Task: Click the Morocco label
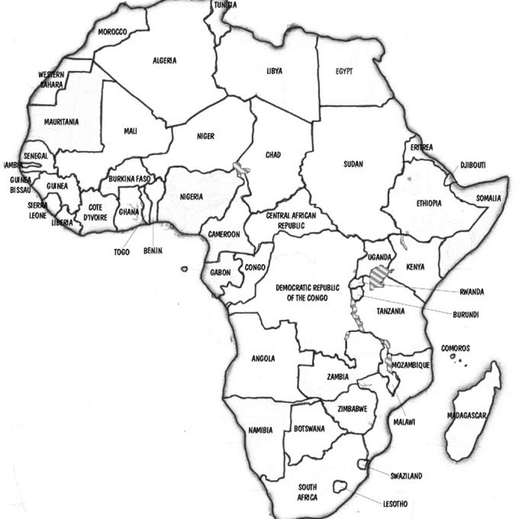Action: pos(112,32)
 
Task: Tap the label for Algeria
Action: pos(165,61)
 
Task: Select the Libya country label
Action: pos(274,71)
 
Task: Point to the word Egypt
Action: pos(344,71)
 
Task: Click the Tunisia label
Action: pos(225,5)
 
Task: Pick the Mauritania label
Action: pos(61,122)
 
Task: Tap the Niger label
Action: pos(205,136)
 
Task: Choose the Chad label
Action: pos(273,155)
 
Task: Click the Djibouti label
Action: pos(473,165)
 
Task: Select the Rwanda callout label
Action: pos(471,292)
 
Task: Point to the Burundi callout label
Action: pos(466,314)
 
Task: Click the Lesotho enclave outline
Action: pos(340,488)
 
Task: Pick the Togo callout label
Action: pos(122,252)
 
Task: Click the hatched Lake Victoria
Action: pos(378,278)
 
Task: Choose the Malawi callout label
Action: pos(404,422)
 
